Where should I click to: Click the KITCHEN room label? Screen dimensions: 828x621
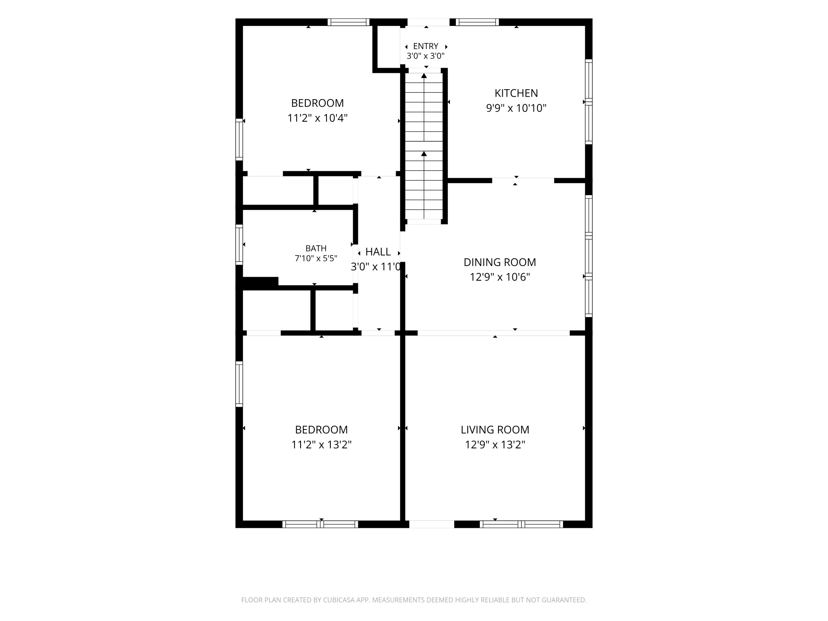(516, 93)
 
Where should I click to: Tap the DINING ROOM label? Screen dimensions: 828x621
(500, 262)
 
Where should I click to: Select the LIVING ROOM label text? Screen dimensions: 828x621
(495, 430)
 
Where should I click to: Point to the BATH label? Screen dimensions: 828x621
(316, 248)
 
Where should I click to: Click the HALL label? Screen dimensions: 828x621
(378, 252)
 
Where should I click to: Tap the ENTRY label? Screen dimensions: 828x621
(426, 46)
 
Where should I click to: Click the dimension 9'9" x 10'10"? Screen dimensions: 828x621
(516, 108)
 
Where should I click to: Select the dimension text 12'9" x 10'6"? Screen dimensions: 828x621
(500, 277)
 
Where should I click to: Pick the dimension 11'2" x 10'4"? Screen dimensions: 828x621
(317, 118)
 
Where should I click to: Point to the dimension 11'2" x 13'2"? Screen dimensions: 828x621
(321, 445)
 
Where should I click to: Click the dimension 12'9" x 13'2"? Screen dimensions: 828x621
(495, 445)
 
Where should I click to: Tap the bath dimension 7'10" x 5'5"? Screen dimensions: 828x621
(316, 258)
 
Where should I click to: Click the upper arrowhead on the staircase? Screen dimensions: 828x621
(424, 75)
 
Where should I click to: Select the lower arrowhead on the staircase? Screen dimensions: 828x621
(424, 154)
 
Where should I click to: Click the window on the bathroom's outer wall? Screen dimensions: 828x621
(239, 244)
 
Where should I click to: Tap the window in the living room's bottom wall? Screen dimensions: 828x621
(521, 524)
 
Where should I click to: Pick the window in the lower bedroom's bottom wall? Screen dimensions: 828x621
(320, 524)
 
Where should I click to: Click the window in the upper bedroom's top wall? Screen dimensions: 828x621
(348, 22)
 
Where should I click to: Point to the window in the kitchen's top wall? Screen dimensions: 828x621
(477, 22)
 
